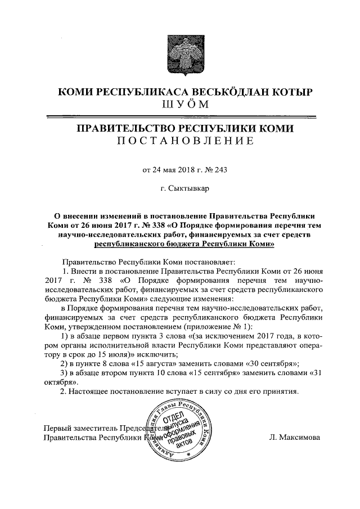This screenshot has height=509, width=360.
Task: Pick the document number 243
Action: [220, 169]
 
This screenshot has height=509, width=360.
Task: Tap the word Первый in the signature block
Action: [58, 427]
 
